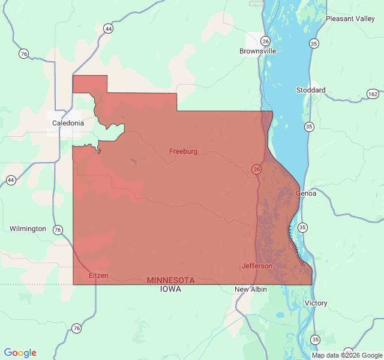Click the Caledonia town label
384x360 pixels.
click(x=68, y=123)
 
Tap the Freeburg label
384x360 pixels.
click(x=183, y=151)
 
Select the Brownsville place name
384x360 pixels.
click(x=257, y=51)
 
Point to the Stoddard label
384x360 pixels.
click(x=311, y=90)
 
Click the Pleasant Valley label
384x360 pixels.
click(x=350, y=19)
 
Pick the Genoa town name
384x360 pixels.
click(x=305, y=193)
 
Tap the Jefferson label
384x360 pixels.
click(x=257, y=266)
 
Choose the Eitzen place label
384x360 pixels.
click(x=98, y=275)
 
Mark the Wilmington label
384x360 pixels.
click(x=28, y=229)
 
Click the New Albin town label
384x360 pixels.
click(x=250, y=289)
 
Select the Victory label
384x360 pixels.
click(x=316, y=303)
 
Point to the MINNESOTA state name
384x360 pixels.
click(x=171, y=280)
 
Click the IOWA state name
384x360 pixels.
click(x=171, y=289)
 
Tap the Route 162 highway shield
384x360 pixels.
click(x=373, y=94)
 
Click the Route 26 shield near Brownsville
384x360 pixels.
click(x=266, y=41)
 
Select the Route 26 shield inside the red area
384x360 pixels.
click(x=256, y=170)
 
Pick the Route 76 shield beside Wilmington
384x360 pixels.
click(x=58, y=230)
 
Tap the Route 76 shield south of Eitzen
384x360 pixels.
click(x=76, y=328)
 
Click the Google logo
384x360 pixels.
click(x=20, y=353)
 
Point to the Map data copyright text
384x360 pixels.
click(x=347, y=355)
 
